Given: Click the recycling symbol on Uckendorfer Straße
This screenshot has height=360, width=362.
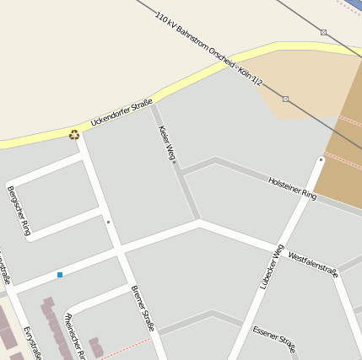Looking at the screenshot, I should (x=74, y=134).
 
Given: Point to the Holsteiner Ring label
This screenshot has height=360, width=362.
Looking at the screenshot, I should (x=292, y=188).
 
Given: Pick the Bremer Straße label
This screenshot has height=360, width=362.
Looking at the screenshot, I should (x=143, y=309).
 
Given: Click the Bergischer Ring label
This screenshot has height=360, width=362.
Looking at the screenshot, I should (x=19, y=210).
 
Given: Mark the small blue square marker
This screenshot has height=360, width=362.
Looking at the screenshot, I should (x=60, y=275).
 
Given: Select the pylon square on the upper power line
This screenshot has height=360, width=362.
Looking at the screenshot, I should (x=323, y=33).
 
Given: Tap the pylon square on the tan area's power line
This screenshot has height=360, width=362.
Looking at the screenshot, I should (x=285, y=99).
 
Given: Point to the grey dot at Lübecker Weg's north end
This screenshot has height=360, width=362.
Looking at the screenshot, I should (x=321, y=159).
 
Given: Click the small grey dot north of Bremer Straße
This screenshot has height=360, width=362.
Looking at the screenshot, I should (x=108, y=222).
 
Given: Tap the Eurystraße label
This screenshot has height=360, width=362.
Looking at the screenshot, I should (x=32, y=341).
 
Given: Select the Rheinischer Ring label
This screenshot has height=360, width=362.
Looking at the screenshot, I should (x=76, y=336).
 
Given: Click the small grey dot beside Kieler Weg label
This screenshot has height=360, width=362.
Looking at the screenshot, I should (x=174, y=162).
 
